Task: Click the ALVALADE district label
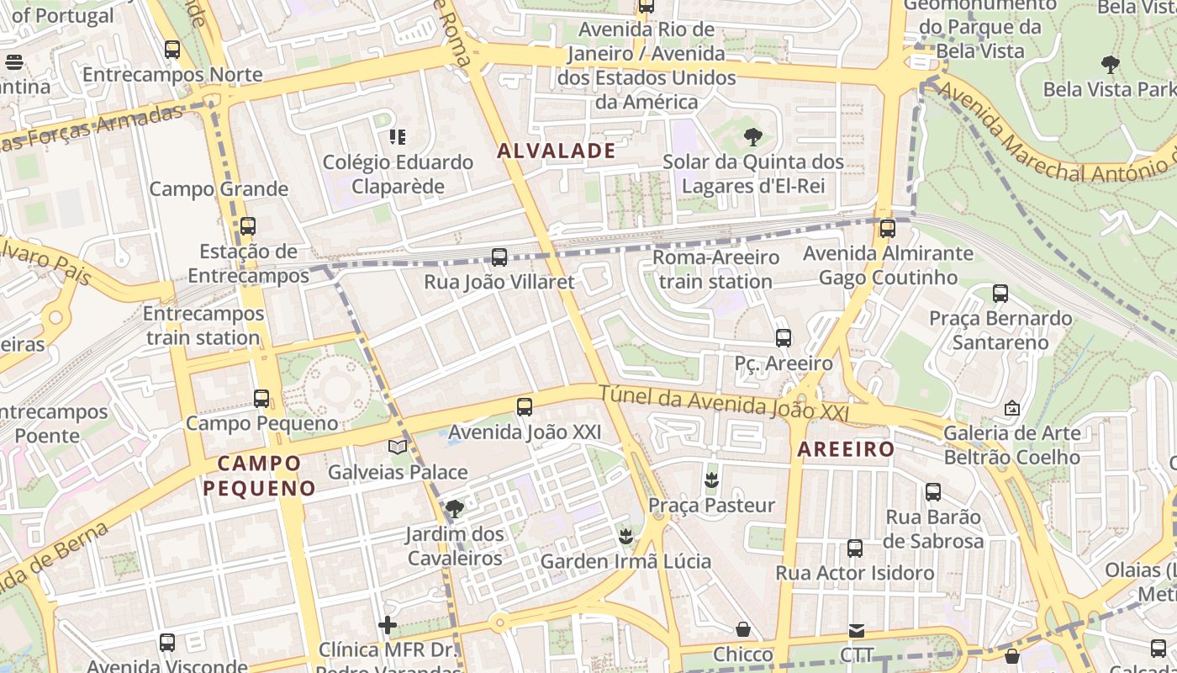556,151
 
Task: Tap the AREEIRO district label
846,449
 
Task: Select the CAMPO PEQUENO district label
259,475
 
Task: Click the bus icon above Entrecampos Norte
172,50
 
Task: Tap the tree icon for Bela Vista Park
1110,64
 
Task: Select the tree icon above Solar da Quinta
752,136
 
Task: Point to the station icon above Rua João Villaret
499,257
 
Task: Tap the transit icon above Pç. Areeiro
784,338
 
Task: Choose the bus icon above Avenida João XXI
525,407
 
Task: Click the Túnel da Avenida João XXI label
723,404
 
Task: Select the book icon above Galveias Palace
398,447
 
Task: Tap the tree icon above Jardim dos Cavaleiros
454,508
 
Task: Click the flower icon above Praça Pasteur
711,480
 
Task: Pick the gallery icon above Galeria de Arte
1012,408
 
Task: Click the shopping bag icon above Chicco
743,629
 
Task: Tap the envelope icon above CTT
856,630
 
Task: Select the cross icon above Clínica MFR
388,625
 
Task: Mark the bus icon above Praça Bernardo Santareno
1000,294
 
